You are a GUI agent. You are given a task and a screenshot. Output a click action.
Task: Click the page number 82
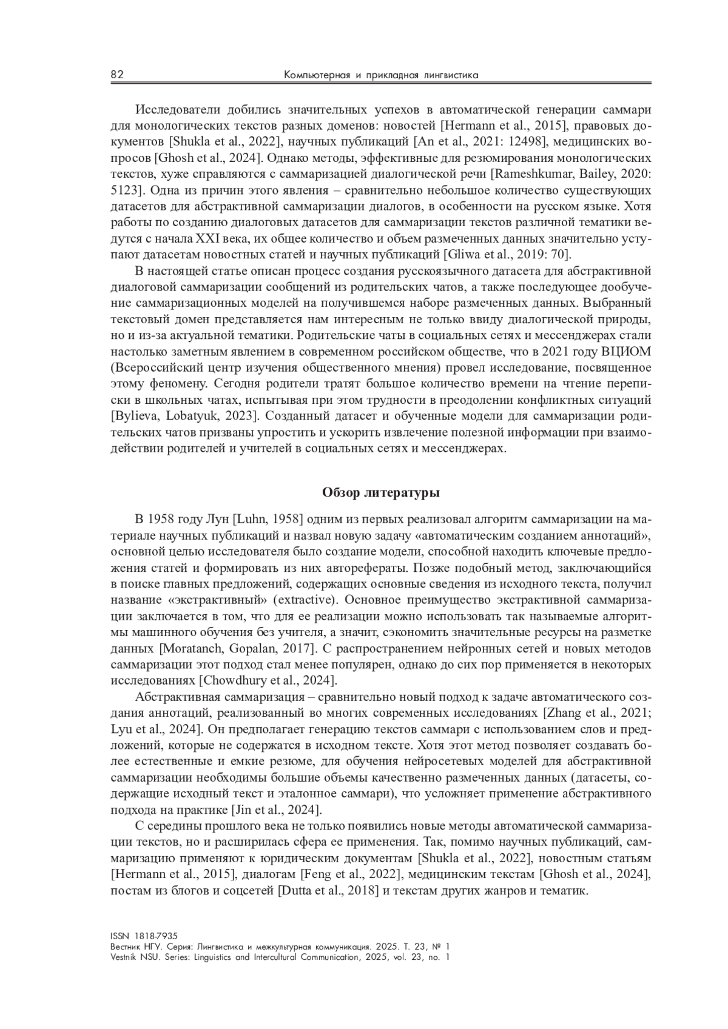tap(117, 75)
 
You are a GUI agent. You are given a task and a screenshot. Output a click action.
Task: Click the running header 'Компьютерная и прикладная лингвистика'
tap(382, 75)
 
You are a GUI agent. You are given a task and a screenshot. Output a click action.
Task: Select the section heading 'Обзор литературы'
tap(380, 492)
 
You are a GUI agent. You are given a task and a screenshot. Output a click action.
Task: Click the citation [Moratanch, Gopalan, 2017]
tap(237, 649)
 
